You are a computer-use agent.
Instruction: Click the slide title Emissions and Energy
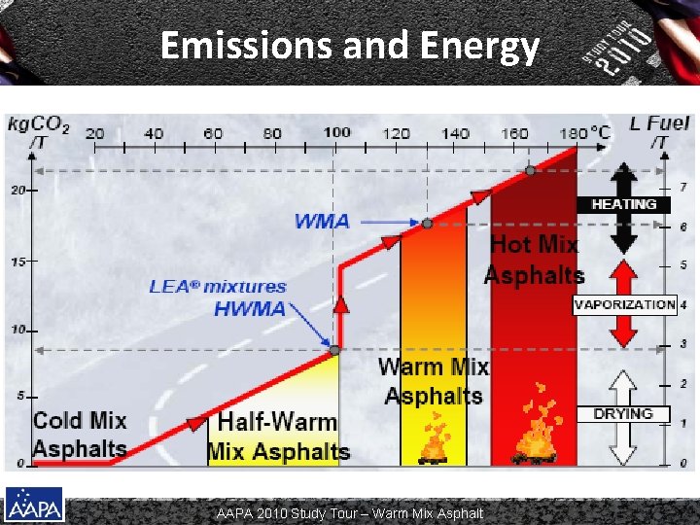[349, 46]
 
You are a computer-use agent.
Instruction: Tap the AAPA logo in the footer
[34, 506]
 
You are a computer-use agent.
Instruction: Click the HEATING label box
[623, 204]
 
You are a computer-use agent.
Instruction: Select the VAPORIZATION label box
[623, 304]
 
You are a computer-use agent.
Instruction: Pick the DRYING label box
[623, 413]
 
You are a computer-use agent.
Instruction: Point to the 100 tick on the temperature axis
[336, 133]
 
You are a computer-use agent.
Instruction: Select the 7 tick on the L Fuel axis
[682, 187]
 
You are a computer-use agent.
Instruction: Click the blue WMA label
[322, 221]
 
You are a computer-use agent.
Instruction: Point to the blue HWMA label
[250, 309]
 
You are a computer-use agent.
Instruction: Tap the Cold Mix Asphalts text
[80, 435]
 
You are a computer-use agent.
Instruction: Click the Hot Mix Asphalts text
[534, 260]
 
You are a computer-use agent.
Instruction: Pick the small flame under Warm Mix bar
[434, 440]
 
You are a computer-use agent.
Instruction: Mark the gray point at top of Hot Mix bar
[530, 170]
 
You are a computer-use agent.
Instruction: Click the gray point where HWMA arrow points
[334, 350]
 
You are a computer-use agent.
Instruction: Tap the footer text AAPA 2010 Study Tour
[350, 512]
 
